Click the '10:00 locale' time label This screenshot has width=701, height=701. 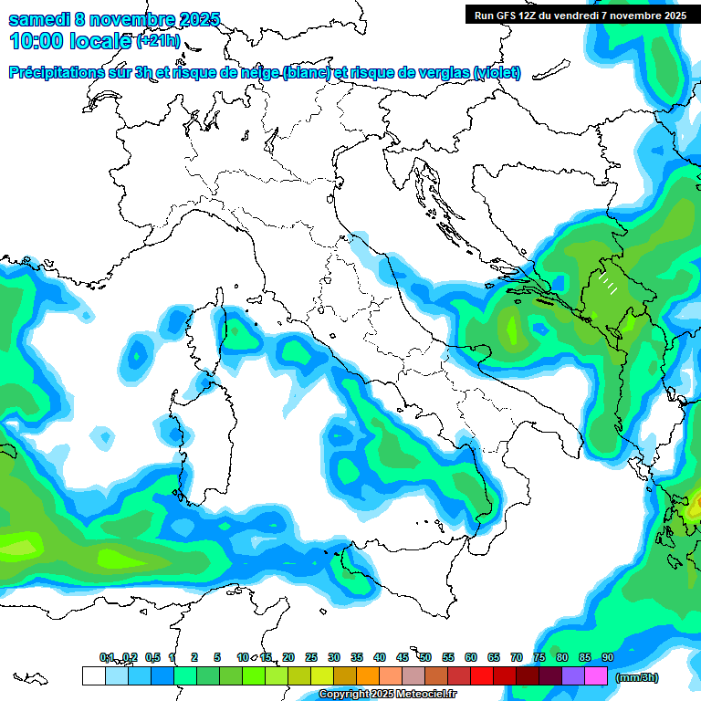pos(71,41)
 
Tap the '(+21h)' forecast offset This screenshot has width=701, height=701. pos(159,42)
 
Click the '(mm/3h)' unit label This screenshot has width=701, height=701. pos(636,677)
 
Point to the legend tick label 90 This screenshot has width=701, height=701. pos(607,657)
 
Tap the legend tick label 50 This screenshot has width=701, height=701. pos(425,657)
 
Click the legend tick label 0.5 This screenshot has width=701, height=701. pos(152,657)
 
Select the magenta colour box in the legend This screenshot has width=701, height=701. pos(596,676)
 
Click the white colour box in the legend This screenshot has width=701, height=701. pos(94,676)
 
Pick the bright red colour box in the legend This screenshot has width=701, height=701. pos(482,676)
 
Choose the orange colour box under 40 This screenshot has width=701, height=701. pos(368,676)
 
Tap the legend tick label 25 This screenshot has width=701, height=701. pos(311,657)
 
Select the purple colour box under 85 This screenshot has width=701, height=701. pos(573,676)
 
